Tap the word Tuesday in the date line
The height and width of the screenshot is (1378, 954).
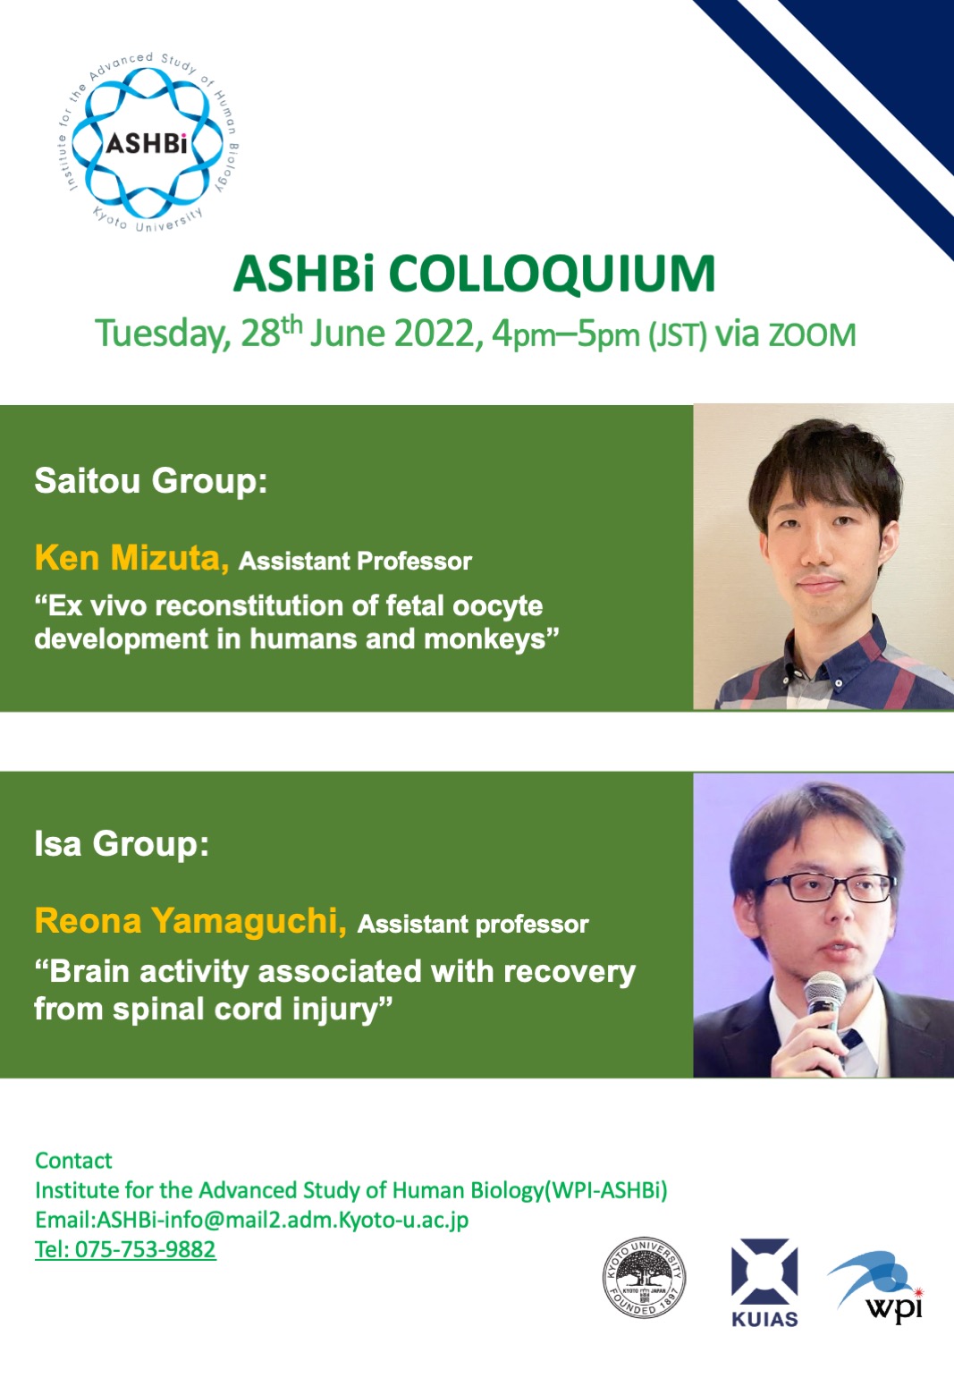pos(162,334)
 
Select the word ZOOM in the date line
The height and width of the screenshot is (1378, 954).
pos(812,336)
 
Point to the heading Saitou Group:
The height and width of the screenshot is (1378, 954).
pos(151,480)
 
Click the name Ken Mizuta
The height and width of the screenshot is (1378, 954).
pos(131,557)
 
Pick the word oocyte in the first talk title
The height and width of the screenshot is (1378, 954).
pos(497,607)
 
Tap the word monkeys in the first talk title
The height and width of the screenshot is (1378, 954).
pos(491,639)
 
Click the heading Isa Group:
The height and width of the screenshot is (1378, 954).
pos(122,842)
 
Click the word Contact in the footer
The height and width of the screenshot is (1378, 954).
pos(74,1161)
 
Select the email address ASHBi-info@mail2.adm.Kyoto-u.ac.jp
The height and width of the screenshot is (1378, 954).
pos(283,1220)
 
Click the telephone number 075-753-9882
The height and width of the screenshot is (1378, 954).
pos(145,1249)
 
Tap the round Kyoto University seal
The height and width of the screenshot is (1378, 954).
pos(644,1278)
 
